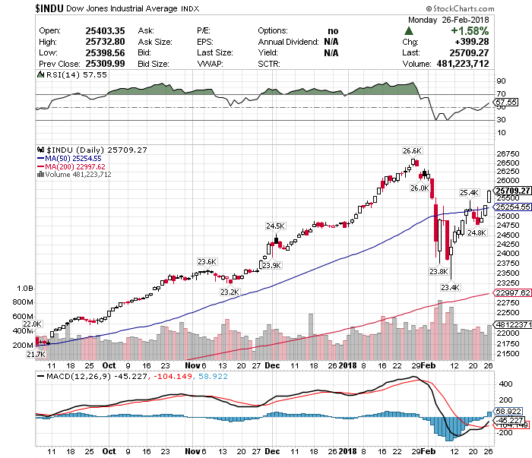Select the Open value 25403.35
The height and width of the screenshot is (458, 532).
[x=81, y=30]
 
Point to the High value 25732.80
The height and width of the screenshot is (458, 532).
[x=81, y=42]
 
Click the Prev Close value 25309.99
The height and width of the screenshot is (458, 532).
[x=81, y=64]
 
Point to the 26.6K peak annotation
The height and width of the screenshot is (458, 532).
[x=412, y=150]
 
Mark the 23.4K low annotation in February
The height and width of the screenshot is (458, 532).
[x=450, y=287]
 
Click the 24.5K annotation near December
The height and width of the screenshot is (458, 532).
[x=275, y=226]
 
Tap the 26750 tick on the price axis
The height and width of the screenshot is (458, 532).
[x=506, y=153]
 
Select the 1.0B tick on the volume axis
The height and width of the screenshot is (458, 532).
[x=25, y=289]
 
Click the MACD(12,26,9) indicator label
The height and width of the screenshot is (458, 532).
[x=77, y=377]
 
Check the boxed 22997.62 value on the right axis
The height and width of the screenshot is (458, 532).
[x=511, y=293]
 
